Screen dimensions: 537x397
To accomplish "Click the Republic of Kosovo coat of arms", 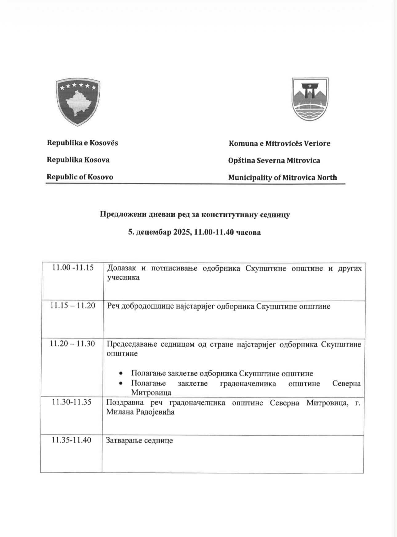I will tap(78, 102).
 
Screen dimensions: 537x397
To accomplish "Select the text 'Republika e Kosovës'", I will tap(82, 143).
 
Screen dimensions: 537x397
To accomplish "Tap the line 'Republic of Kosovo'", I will tap(80, 177).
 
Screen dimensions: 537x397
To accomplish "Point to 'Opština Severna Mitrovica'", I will tap(274, 160).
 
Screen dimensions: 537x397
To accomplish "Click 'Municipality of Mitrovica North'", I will tap(283, 178).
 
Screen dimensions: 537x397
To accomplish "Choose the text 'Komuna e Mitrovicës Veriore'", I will tap(279, 143).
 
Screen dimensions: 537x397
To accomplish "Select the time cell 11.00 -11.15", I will tap(73, 267).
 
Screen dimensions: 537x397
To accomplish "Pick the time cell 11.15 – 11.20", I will tap(73, 306).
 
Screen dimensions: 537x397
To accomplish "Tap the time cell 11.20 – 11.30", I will tap(72, 344).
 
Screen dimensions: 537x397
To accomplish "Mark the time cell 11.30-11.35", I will tap(72, 402).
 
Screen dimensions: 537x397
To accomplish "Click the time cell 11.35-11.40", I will tap(71, 440).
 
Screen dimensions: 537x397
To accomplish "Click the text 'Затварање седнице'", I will tap(139, 440).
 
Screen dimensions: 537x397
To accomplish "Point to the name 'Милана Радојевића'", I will tap(140, 412).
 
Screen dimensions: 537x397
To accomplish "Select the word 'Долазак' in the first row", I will tap(121, 268).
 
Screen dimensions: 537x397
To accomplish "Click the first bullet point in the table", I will tap(121, 374).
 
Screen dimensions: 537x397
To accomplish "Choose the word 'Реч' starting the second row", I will tap(113, 306).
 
